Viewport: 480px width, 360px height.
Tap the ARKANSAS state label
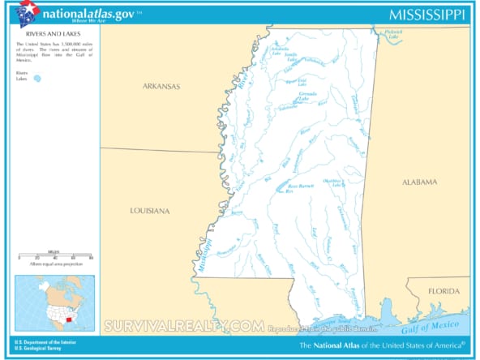(161, 86)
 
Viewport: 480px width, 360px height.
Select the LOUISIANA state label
(150, 211)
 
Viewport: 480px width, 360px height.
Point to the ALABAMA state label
(420, 182)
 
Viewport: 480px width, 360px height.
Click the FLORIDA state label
(444, 290)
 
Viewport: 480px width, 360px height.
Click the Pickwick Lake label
(392, 36)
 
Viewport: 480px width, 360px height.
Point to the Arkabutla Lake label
(280, 50)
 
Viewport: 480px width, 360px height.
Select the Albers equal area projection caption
(54, 265)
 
